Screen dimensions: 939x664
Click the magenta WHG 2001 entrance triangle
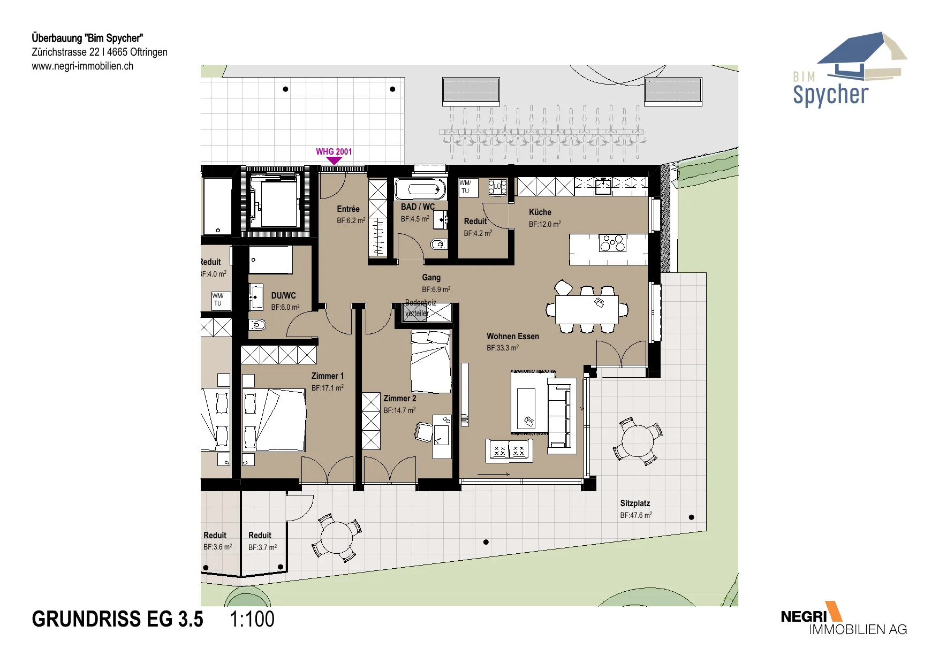coord(334,160)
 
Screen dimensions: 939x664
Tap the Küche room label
coord(540,212)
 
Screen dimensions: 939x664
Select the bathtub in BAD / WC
coord(421,189)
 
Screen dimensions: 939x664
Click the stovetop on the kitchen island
coord(612,243)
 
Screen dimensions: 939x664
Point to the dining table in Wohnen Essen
coord(587,309)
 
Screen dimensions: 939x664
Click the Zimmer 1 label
coord(328,376)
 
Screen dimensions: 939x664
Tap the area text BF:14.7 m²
coord(399,410)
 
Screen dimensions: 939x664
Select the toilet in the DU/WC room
coord(258,324)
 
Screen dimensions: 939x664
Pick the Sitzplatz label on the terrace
coord(635,503)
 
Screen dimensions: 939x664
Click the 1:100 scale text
coord(252,619)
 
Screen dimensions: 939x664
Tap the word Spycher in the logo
coord(830,95)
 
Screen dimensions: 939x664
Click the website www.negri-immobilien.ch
coord(82,66)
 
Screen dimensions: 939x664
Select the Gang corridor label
coord(431,278)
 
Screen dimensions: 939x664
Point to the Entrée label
coord(348,209)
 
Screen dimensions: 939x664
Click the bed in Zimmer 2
coord(430,362)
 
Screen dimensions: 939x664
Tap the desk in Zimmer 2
coord(442,436)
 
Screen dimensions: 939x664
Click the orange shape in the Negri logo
coord(834,611)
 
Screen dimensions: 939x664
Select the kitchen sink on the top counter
coord(603,186)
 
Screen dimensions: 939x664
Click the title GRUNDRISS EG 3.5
coord(117,619)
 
